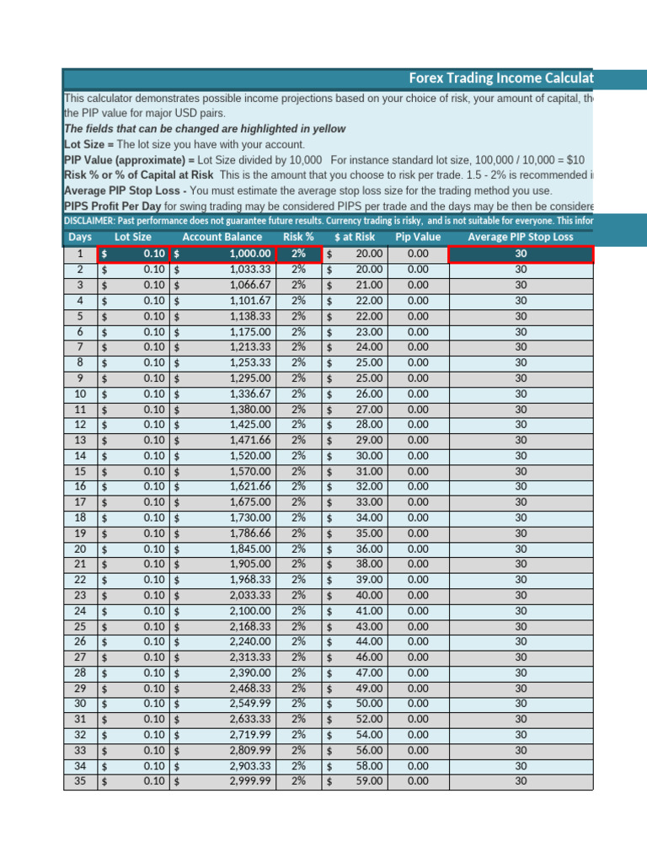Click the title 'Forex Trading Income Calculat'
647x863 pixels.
pyautogui.click(x=500, y=78)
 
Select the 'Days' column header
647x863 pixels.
pyautogui.click(x=80, y=237)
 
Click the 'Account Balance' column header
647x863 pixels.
pyautogui.click(x=222, y=237)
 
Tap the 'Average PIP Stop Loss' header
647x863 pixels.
pyautogui.click(x=520, y=237)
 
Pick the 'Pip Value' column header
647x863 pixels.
pyautogui.click(x=417, y=237)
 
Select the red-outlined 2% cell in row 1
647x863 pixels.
pyautogui.click(x=298, y=254)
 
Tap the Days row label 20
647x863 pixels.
pyautogui.click(x=80, y=549)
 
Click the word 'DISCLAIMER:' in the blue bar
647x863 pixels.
pyautogui.click(x=94, y=221)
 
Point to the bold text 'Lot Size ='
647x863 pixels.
pyautogui.click(x=92, y=144)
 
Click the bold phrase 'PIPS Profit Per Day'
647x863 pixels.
pyautogui.click(x=112, y=206)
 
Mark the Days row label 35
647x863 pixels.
pyautogui.click(x=80, y=781)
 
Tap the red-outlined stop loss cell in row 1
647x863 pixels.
pyautogui.click(x=520, y=254)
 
